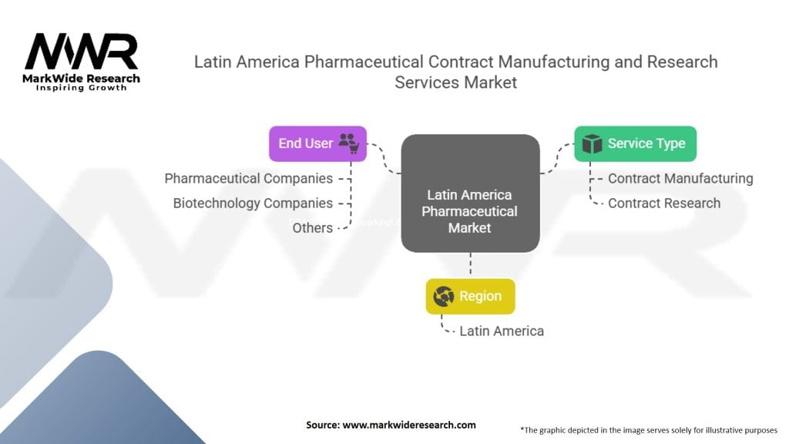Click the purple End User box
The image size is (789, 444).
tap(317, 144)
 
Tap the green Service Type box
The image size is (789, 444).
tap(635, 144)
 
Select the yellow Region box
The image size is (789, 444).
tap(471, 297)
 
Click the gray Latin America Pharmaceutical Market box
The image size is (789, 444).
tap(471, 193)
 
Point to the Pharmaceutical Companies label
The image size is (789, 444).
tap(249, 179)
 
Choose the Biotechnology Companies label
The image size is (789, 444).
tap(253, 203)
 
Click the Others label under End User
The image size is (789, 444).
tap(313, 228)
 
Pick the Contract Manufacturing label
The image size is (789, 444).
tap(680, 179)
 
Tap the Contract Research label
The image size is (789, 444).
tap(664, 203)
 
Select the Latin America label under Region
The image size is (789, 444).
tap(502, 331)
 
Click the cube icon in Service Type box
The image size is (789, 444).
tap(592, 144)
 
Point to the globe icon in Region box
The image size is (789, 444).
tap(443, 297)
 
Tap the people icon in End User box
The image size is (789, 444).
tap(349, 143)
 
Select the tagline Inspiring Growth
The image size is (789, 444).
tap(82, 88)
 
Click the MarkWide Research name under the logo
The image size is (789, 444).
tap(82, 79)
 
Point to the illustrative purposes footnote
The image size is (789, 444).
tap(649, 430)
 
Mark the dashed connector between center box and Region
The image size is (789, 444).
tap(471, 265)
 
